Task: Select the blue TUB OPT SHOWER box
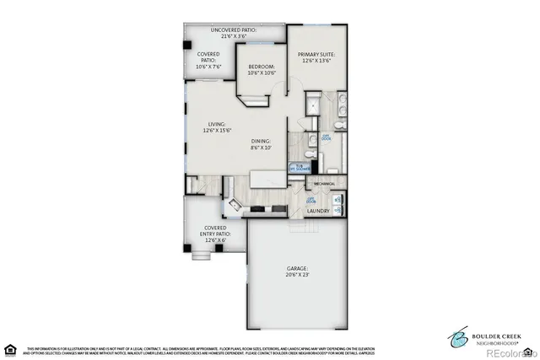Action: [x=299, y=168]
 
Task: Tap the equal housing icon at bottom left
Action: [x=11, y=349]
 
